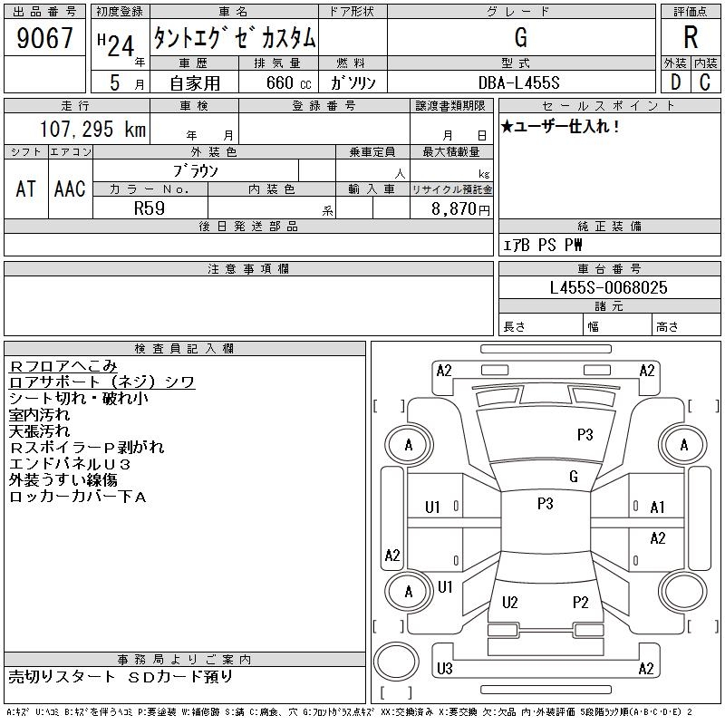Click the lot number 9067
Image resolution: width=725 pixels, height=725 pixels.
point(44,39)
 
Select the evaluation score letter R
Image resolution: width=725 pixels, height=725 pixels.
point(691,37)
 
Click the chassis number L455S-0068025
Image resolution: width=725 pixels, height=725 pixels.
point(608,287)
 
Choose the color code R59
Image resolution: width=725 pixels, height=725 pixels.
point(150,208)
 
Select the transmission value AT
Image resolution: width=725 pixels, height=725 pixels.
point(26,188)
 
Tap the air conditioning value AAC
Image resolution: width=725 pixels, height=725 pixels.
point(70,188)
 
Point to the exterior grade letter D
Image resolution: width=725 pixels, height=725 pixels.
point(674,82)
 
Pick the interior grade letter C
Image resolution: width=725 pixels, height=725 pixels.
point(705,82)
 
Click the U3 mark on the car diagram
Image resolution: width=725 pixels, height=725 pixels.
point(444,669)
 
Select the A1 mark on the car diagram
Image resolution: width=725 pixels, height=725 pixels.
point(658,507)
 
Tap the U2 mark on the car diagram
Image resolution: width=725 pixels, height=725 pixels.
point(509,602)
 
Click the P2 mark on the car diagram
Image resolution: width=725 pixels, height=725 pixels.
point(581,602)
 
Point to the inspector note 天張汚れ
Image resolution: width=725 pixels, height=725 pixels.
point(39,431)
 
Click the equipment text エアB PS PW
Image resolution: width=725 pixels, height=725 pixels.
point(543,245)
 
